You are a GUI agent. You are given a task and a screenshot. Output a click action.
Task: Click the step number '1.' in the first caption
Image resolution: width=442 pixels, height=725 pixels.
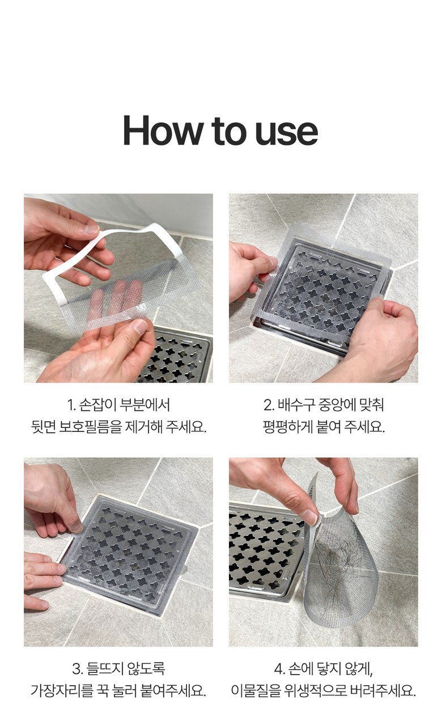[x=71, y=405]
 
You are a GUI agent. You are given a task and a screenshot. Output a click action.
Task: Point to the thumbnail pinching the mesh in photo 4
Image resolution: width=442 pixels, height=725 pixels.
[x=310, y=516]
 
